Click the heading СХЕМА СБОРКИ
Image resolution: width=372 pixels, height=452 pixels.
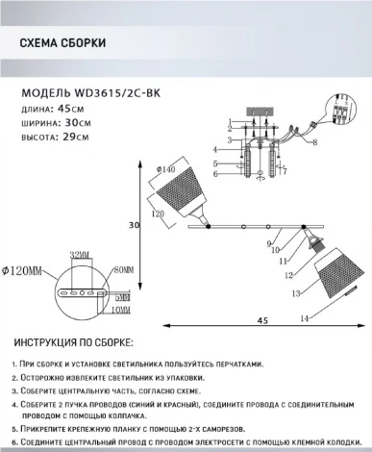(62, 43)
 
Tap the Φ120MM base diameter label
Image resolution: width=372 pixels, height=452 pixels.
(23, 272)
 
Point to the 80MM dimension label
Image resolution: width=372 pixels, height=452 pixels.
(120, 272)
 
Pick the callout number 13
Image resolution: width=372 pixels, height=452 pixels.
(296, 290)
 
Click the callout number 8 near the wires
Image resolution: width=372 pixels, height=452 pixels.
(314, 141)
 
